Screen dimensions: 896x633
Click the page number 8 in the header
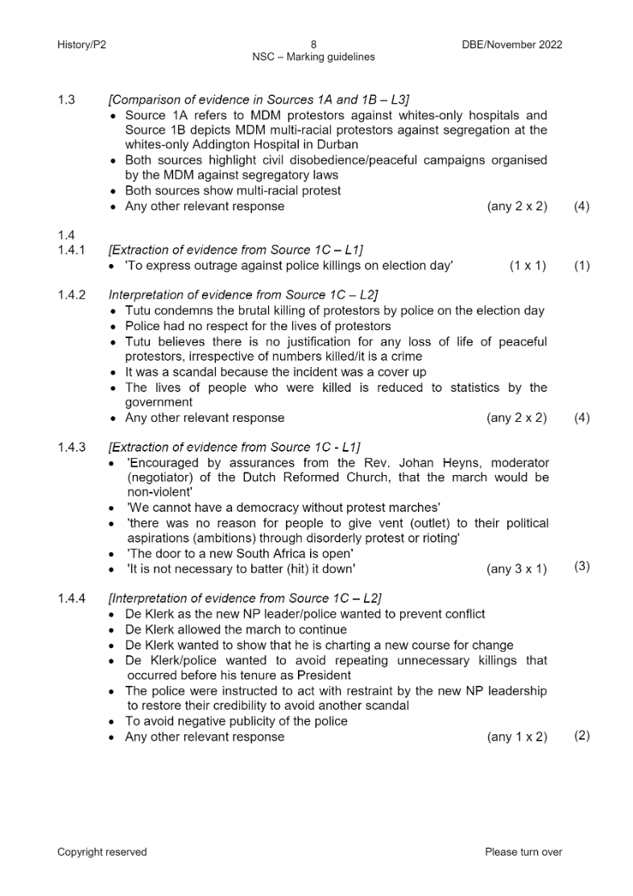point(314,44)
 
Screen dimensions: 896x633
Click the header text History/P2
point(81,44)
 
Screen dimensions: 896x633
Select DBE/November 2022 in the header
point(507,44)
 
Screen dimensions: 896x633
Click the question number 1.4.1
point(71,250)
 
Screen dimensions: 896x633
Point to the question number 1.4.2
point(71,295)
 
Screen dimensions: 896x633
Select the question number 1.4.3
point(71,448)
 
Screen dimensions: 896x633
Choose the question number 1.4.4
point(71,598)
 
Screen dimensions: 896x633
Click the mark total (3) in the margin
point(581,567)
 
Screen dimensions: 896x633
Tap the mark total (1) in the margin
point(581,266)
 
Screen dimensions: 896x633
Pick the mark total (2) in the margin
point(581,736)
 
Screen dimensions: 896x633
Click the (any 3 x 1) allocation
point(516,569)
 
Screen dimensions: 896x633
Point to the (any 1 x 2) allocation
point(516,737)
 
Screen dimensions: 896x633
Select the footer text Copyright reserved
point(102,852)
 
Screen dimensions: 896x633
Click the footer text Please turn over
point(523,852)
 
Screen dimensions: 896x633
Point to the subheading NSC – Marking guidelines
point(314,57)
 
